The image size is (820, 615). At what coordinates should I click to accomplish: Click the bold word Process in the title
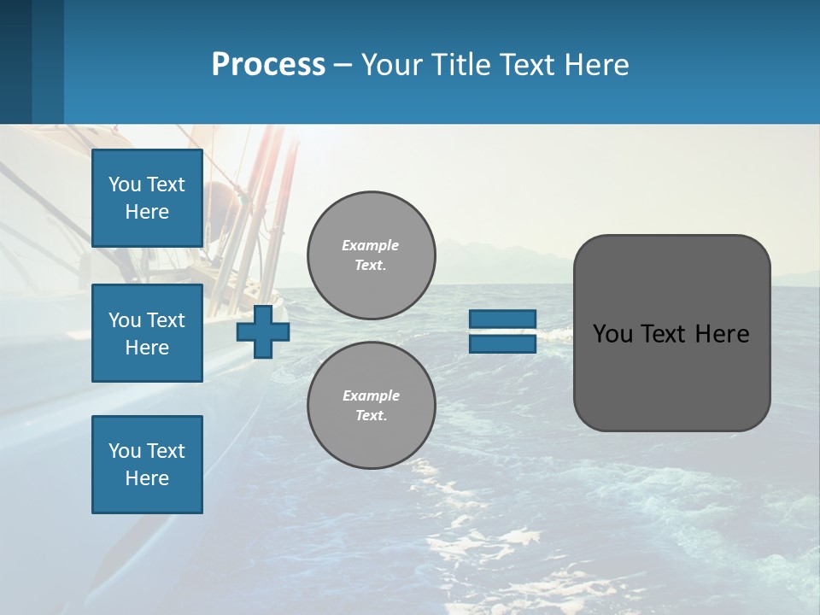pyautogui.click(x=268, y=65)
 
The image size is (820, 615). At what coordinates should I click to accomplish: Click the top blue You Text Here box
pyautogui.click(x=147, y=198)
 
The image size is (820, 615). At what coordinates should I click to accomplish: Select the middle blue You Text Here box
pyautogui.click(x=147, y=333)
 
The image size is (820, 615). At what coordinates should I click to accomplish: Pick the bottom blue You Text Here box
pyautogui.click(x=147, y=465)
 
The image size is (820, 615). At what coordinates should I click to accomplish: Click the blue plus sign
pyautogui.click(x=263, y=332)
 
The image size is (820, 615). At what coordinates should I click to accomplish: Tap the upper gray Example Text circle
pyautogui.click(x=371, y=255)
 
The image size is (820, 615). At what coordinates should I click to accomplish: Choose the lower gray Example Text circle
pyautogui.click(x=371, y=406)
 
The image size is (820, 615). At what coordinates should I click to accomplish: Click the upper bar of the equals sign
pyautogui.click(x=502, y=319)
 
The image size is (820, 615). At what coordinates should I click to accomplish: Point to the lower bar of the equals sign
pyautogui.click(x=502, y=343)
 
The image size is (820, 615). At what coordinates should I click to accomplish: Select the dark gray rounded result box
pyautogui.click(x=671, y=376)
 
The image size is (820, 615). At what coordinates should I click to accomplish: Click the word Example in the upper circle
pyautogui.click(x=371, y=246)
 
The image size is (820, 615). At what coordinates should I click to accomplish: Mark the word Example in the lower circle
pyautogui.click(x=371, y=396)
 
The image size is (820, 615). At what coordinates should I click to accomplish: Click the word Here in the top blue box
pyautogui.click(x=147, y=212)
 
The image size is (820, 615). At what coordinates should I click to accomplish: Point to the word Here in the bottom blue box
pyautogui.click(x=147, y=478)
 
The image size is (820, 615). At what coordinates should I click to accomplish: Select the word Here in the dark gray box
pyautogui.click(x=722, y=334)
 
